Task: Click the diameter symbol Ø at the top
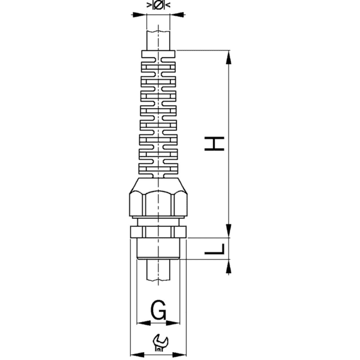pos(157,5)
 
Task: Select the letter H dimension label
pos(218,143)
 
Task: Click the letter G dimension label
pos(158,310)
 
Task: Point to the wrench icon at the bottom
pos(160,341)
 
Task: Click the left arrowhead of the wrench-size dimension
pos(134,354)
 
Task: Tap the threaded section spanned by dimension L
pos(158,248)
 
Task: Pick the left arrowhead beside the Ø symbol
pos(149,5)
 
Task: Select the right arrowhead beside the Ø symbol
pos(167,5)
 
